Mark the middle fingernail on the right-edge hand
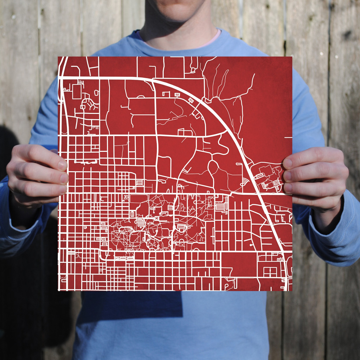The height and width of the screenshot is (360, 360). tap(287, 176)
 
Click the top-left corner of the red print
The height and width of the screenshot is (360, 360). tap(58, 57)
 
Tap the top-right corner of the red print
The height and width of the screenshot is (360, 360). tap(292, 57)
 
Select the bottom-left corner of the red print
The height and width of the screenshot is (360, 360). tap(58, 290)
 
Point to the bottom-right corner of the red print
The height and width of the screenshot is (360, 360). tap(292, 291)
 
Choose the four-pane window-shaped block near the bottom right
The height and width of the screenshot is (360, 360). tap(270, 272)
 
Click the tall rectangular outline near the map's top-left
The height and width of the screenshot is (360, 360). tap(77, 92)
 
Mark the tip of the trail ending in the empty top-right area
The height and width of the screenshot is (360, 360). tap(254, 74)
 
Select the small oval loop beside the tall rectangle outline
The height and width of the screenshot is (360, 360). tap(96, 93)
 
